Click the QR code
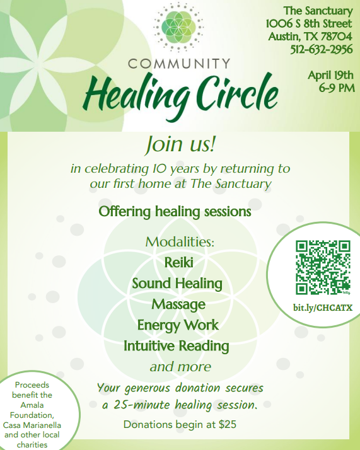pos(323,267)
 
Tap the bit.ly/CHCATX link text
pos(323,307)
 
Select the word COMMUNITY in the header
pos(179,64)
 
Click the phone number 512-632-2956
pos(322,50)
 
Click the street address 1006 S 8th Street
pos(309,24)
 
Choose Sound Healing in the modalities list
pos(177,283)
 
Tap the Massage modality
pos(178,304)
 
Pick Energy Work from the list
pos(178,325)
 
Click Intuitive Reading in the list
pos(176,346)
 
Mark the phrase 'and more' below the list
pos(180,366)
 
